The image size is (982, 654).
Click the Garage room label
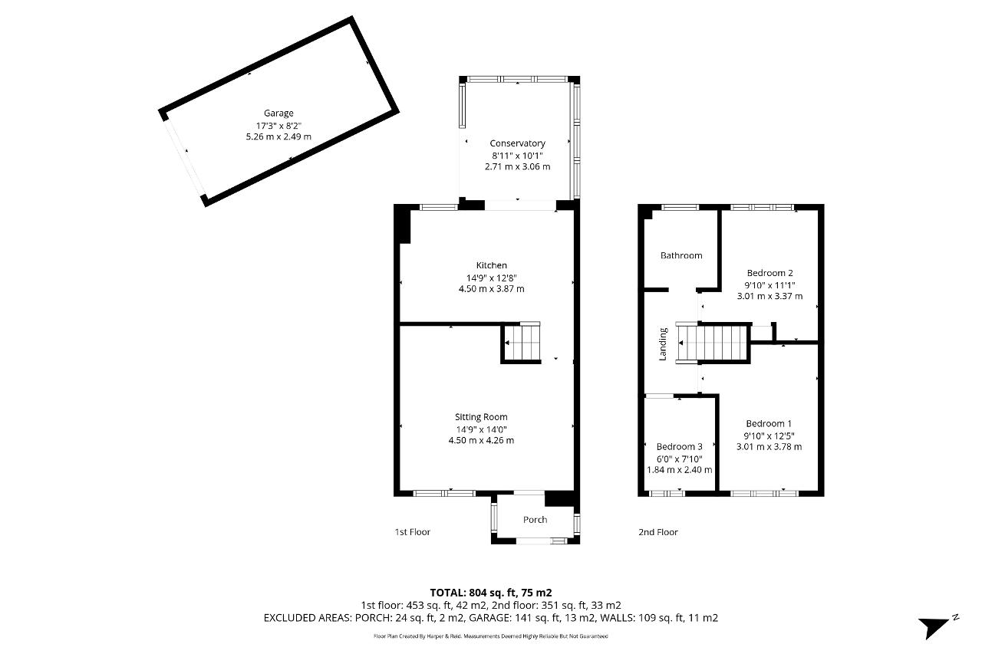(278, 113)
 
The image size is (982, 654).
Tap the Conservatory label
(517, 143)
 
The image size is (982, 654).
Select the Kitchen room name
(492, 265)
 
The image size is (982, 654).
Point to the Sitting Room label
(481, 417)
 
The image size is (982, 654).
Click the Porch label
(535, 520)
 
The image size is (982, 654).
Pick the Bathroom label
(681, 255)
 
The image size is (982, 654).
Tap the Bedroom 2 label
(769, 273)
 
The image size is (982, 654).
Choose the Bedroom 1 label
(769, 423)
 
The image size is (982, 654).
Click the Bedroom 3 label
(679, 447)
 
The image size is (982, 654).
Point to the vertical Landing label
(663, 344)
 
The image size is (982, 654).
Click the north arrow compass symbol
(938, 627)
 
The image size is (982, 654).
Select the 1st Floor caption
(413, 532)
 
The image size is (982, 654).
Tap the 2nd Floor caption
(658, 532)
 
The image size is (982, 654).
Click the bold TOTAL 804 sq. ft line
(490, 593)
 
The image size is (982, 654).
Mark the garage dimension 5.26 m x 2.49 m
(278, 136)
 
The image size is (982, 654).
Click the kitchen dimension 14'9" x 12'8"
(492, 278)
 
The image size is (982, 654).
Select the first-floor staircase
(521, 343)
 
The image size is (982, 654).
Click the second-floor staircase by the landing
(713, 343)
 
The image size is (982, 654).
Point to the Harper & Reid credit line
(490, 636)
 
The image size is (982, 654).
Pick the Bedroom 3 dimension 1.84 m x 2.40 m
(679, 470)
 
